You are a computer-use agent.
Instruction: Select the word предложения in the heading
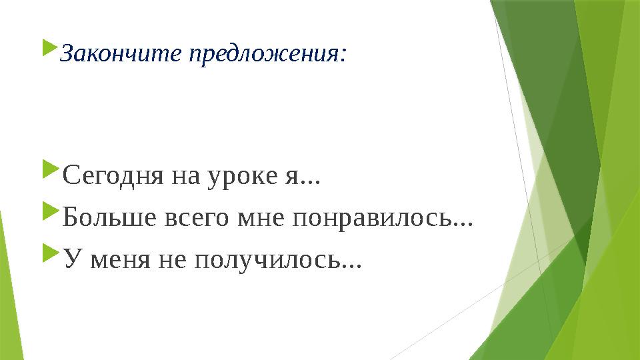(263, 55)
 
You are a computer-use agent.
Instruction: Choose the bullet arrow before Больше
(49, 213)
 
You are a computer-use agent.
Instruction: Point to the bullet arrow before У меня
(49, 253)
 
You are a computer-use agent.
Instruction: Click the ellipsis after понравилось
(463, 224)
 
